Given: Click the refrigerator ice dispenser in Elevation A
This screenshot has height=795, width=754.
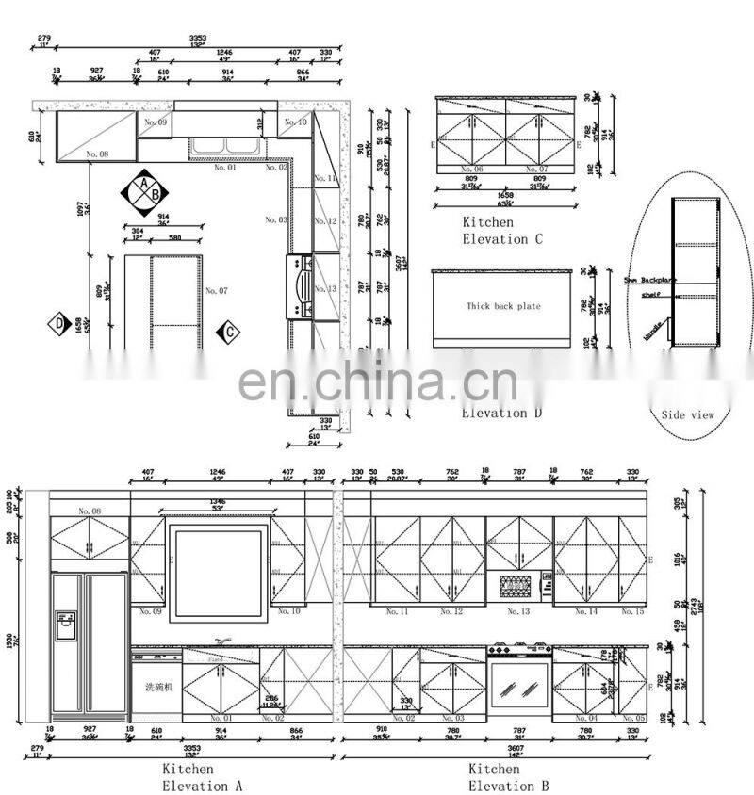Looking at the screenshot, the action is coord(65,625).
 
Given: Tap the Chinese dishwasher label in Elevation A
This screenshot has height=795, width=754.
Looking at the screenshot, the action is coord(158,687).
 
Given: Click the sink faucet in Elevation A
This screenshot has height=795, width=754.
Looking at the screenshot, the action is coord(222,641).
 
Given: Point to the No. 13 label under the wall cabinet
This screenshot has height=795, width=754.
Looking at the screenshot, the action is coord(518,611).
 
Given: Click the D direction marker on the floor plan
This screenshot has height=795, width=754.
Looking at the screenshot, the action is coord(59,324).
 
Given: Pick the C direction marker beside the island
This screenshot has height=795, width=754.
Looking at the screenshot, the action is coord(227,332).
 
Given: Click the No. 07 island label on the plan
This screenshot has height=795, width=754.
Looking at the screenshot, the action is coord(217,291).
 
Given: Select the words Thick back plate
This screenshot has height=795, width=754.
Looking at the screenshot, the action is coord(503,306).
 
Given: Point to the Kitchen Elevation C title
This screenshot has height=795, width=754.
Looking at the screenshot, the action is coord(501,231).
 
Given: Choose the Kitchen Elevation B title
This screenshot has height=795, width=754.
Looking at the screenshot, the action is coord(507,777).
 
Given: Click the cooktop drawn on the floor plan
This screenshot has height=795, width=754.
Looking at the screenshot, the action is coord(301,285).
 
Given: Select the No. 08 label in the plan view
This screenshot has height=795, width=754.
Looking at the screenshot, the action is coord(97,154).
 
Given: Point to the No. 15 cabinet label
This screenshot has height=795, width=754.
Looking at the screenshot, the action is coord(633,611).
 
